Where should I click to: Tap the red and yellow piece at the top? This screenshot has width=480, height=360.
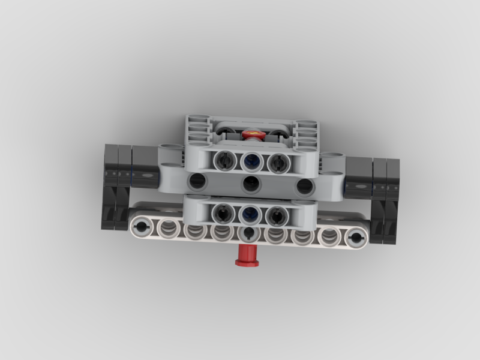click(x=253, y=133)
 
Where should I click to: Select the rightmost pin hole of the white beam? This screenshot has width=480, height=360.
click(x=356, y=238)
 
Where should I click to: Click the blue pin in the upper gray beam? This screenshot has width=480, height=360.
click(x=250, y=161)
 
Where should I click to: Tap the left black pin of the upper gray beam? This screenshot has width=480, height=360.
click(x=224, y=160)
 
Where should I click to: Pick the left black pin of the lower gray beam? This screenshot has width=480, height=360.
click(x=224, y=211)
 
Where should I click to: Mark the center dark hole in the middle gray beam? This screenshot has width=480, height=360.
click(x=250, y=184)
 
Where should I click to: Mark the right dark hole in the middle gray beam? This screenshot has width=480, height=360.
click(x=305, y=186)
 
